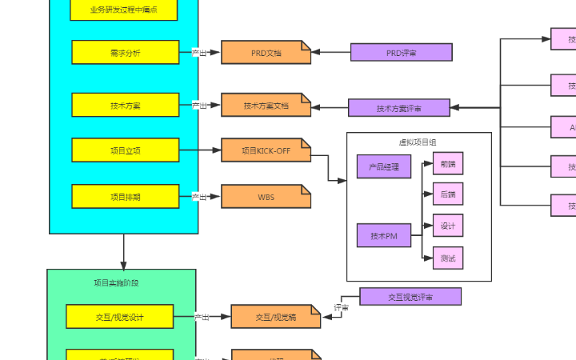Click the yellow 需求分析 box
(125, 52)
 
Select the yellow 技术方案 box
(125, 105)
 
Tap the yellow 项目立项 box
(125, 150)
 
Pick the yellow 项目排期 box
(125, 196)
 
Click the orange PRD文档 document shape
(266, 53)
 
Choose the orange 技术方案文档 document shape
(266, 106)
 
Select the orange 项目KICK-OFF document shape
(266, 150)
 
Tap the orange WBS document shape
(266, 196)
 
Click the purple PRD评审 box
(401, 52)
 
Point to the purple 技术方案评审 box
(398, 108)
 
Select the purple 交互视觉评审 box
(410, 297)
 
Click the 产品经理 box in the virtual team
(384, 166)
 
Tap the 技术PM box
(384, 236)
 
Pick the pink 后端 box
(448, 194)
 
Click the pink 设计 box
(448, 226)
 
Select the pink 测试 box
(448, 258)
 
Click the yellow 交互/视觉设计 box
(119, 317)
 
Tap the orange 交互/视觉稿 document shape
(275, 318)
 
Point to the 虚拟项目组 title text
(418, 142)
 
